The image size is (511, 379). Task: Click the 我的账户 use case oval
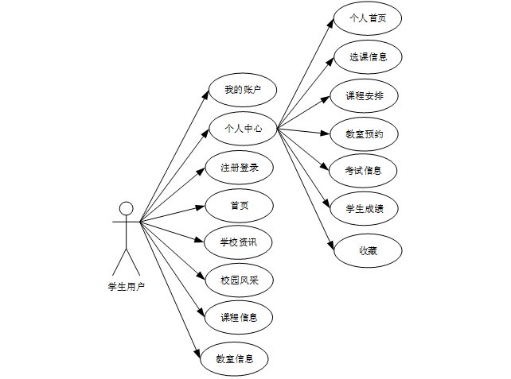pyautogui.click(x=242, y=89)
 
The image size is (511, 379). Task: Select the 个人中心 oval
pyautogui.click(x=242, y=127)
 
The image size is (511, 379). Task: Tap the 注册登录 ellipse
pyautogui.click(x=239, y=168)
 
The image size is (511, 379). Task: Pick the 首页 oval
pyautogui.click(x=239, y=206)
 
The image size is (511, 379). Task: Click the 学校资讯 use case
pyautogui.click(x=239, y=242)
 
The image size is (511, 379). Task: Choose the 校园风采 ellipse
pyautogui.click(x=239, y=280)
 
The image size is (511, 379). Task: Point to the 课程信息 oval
pyautogui.click(x=239, y=317)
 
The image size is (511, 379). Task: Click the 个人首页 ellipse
pyautogui.click(x=366, y=18)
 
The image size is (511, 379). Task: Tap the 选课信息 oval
pyautogui.click(x=366, y=56)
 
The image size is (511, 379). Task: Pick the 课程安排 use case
pyautogui.click(x=366, y=96)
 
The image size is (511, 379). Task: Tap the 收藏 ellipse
pyautogui.click(x=367, y=250)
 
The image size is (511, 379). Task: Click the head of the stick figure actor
pyautogui.click(x=126, y=208)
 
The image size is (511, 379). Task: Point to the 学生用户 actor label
pyautogui.click(x=126, y=286)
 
